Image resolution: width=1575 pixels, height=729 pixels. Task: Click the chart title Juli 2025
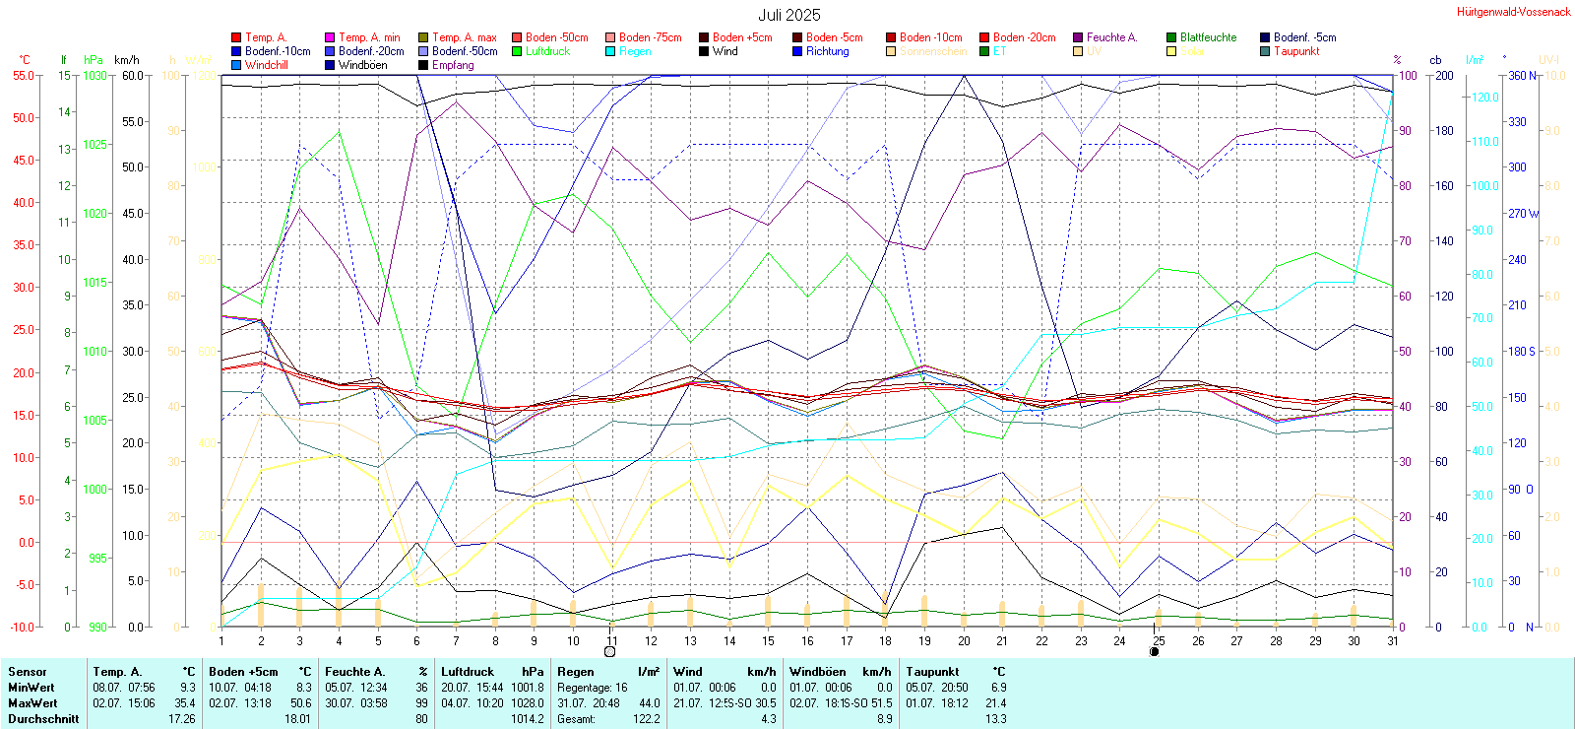788,15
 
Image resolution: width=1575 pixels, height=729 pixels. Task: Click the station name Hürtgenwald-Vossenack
1514,12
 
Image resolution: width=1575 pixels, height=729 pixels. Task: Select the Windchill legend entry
266,65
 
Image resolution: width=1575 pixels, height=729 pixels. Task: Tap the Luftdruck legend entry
547,51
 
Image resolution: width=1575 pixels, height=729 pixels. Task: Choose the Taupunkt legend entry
1296,51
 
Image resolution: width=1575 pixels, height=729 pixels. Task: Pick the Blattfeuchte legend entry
1208,37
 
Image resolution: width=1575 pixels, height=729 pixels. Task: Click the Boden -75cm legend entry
650,37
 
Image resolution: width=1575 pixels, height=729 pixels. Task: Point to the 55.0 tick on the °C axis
24,75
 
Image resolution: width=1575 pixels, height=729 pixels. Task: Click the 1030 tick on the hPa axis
94,75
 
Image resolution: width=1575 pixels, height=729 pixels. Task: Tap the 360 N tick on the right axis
1522,75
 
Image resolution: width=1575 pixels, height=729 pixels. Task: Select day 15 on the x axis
768,640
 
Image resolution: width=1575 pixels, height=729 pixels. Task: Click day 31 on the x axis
1393,640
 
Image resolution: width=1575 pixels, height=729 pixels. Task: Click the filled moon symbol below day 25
1155,651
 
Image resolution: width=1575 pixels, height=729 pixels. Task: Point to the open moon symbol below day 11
610,651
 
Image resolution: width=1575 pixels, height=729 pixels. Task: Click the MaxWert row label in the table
32,703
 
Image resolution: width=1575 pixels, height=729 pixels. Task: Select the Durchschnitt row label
43,719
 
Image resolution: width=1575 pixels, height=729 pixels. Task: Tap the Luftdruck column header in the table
468,672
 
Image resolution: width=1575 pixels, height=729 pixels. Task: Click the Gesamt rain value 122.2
646,719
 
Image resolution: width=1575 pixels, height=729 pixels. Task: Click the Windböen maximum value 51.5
882,703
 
